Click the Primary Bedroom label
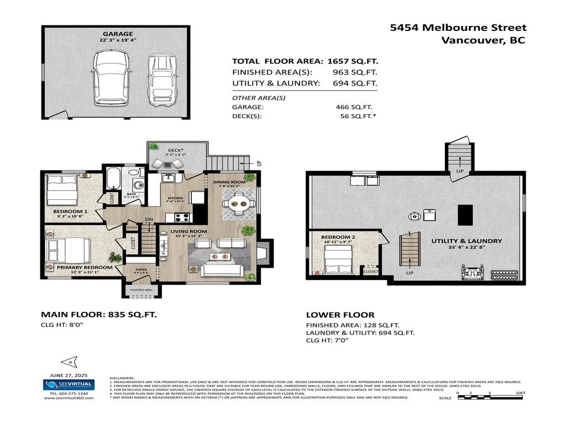pos(85,267)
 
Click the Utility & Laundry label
pos(467,241)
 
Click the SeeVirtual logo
pos(69,385)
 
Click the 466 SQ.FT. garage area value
pos(354,107)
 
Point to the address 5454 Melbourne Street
pos(458,28)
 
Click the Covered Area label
pos(141,290)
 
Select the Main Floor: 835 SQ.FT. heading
pos(99,314)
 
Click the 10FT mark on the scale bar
pos(520,393)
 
